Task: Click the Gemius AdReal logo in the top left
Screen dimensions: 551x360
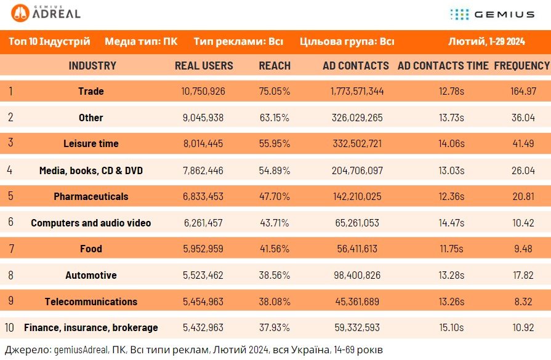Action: (x=46, y=13)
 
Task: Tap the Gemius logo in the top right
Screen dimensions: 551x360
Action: (x=493, y=14)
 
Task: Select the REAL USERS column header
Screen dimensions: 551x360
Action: (x=204, y=66)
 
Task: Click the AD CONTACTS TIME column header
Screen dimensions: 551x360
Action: (x=443, y=66)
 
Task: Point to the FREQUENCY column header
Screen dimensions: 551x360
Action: (x=522, y=66)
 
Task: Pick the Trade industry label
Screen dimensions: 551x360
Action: (x=91, y=91)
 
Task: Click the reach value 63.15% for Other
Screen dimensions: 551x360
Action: (x=275, y=118)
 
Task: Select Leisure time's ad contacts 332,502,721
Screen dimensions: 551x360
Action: (x=357, y=143)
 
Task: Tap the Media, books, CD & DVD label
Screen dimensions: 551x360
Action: (x=91, y=170)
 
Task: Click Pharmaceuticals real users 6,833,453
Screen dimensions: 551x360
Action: (x=203, y=196)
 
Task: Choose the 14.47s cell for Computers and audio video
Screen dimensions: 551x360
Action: (x=451, y=223)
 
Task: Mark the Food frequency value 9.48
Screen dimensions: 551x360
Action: (x=523, y=249)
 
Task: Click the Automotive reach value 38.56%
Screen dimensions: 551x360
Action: (x=275, y=275)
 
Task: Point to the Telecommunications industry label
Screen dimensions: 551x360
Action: (x=91, y=302)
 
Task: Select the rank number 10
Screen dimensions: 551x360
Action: (x=9, y=327)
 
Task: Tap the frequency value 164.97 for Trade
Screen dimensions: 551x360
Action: (x=523, y=91)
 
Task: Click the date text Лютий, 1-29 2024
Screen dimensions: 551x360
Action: (x=486, y=41)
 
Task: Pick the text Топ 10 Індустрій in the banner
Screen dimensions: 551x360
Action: (x=49, y=41)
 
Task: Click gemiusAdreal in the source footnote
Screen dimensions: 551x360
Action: (x=81, y=350)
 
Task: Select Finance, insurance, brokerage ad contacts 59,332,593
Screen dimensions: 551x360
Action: (x=357, y=327)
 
